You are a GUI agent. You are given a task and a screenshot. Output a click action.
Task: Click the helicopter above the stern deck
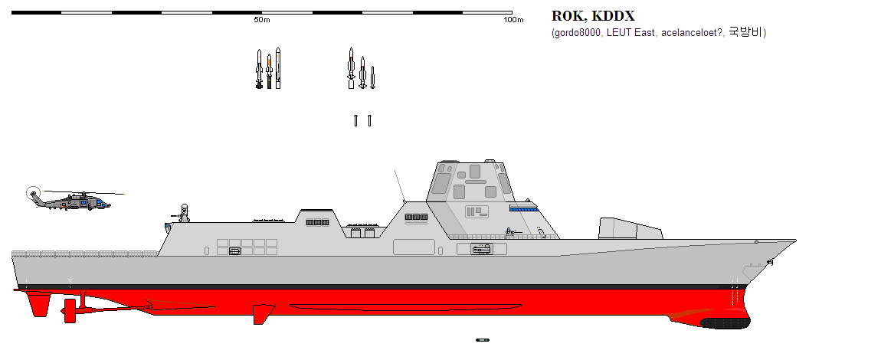tap(72, 200)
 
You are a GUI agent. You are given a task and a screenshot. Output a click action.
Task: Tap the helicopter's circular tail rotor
tap(33, 193)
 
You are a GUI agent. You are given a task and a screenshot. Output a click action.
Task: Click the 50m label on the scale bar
tap(262, 20)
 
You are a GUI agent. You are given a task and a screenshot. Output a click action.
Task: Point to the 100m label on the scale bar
tap(513, 20)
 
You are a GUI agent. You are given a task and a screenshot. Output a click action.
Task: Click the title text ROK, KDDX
tap(593, 16)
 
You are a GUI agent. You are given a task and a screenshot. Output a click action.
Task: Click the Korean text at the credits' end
tap(745, 33)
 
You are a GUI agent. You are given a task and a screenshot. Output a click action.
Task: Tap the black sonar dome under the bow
tap(725, 323)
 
